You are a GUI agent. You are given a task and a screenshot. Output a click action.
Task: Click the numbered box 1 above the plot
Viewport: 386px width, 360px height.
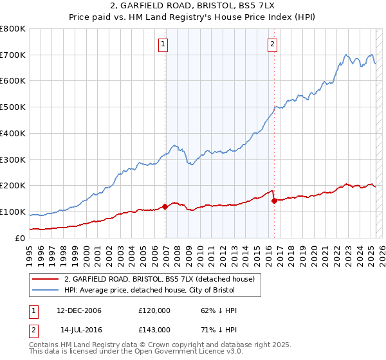163,44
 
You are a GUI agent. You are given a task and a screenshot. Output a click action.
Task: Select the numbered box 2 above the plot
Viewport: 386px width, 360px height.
273,44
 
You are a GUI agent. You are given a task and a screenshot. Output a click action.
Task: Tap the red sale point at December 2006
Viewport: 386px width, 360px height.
165,206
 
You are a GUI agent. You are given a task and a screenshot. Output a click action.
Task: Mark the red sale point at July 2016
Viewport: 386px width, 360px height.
275,201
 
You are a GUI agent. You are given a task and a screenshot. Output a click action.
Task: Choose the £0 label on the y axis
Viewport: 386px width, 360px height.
21,238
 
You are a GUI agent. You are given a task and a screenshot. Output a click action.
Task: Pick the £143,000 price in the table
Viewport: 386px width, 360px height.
154,330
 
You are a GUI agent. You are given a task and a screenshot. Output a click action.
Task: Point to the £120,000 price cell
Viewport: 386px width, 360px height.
154,310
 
